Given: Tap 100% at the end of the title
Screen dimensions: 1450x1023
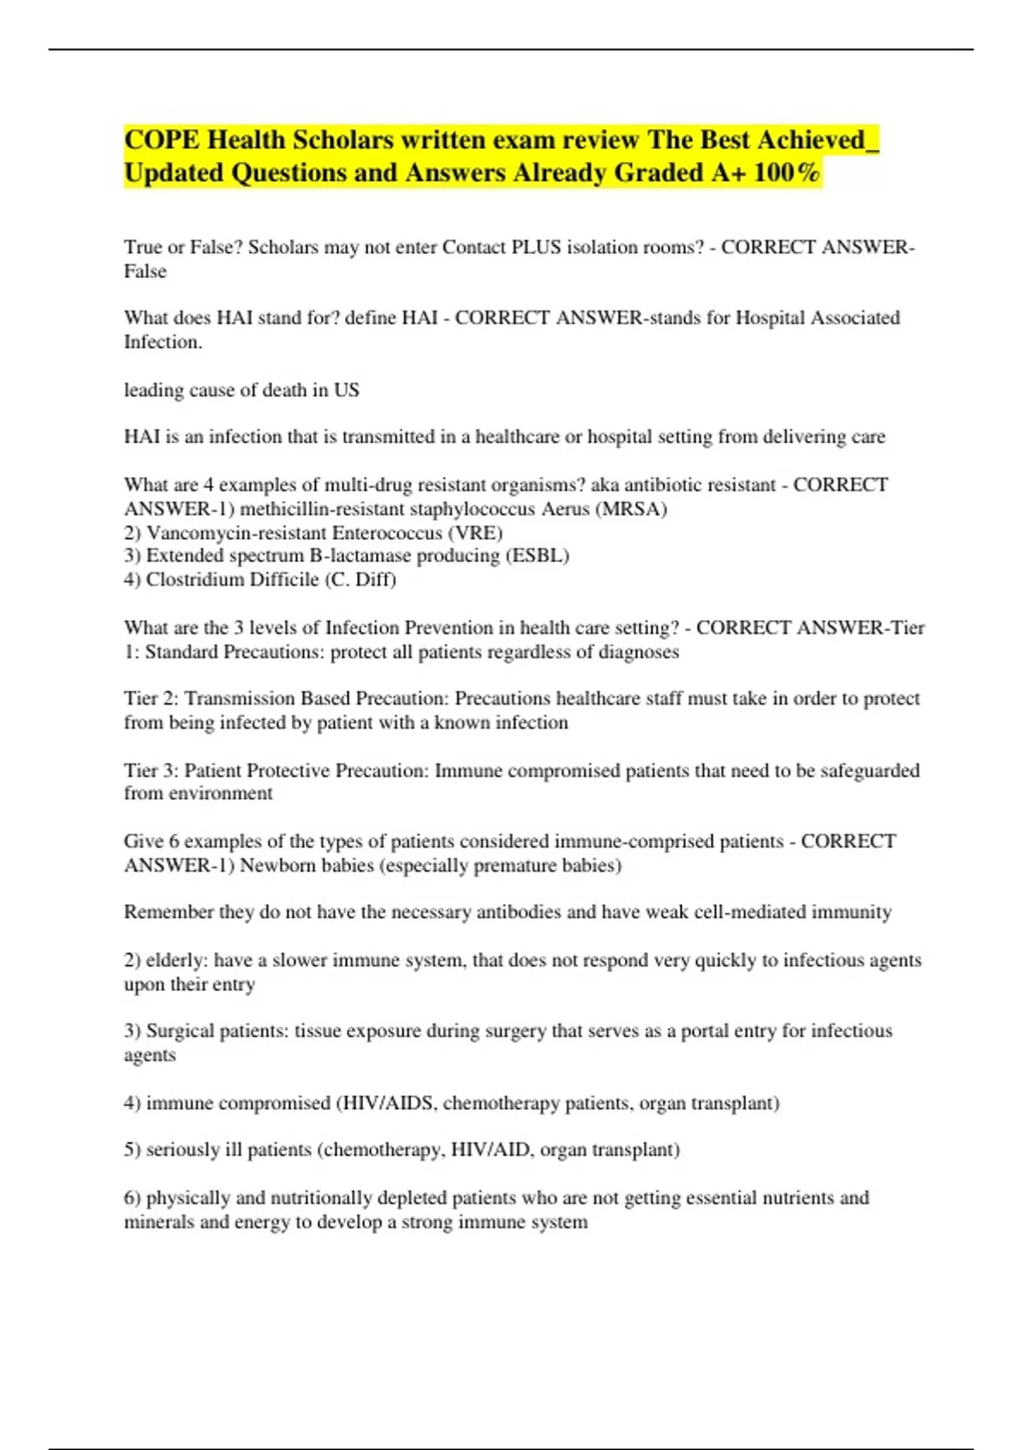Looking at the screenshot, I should [786, 173].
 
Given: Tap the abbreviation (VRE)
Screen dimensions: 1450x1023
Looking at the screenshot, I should [475, 533].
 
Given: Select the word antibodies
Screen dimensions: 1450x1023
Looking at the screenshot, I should [517, 913].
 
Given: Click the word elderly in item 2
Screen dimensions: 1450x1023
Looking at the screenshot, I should [176, 960].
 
